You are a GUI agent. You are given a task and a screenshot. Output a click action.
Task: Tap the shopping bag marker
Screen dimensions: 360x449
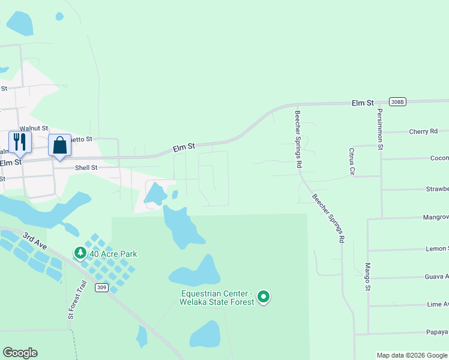[59, 145]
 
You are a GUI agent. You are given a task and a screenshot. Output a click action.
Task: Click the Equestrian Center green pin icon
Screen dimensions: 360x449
[263, 296]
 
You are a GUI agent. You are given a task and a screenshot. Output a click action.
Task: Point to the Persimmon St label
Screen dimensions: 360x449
[379, 128]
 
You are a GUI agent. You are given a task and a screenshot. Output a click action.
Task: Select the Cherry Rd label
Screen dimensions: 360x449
[423, 131]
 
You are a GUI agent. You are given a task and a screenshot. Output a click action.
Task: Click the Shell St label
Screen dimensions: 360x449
[86, 168]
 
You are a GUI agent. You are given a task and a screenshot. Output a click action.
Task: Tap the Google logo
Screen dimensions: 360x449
[20, 353]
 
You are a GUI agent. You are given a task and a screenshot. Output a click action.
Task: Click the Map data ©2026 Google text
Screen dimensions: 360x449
[411, 355]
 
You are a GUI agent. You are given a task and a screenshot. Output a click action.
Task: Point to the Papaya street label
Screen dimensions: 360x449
[438, 332]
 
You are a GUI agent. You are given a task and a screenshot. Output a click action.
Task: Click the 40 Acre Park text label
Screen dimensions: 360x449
[113, 254]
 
